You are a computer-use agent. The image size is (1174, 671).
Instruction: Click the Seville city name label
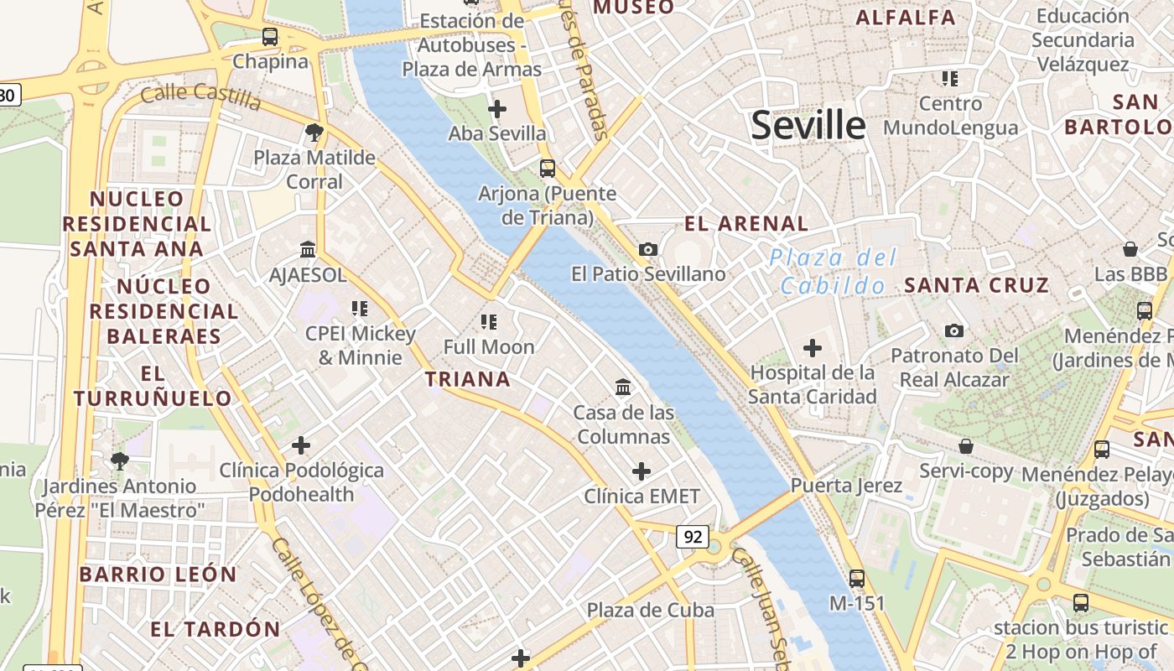(808, 125)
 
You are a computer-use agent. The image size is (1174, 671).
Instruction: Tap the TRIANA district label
(468, 379)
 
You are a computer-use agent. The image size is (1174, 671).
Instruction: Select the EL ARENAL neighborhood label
(746, 223)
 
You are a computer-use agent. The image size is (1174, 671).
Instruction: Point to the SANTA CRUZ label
(976, 285)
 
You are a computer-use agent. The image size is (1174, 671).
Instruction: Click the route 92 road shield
(693, 537)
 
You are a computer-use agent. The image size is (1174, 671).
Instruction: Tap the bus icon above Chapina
(269, 37)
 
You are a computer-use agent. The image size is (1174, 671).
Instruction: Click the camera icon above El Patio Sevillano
(647, 249)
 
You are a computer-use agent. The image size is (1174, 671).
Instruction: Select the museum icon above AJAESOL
(308, 250)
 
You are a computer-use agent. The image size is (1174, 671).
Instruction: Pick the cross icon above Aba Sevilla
(497, 109)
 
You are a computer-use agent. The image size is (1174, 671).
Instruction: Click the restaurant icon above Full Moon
(488, 321)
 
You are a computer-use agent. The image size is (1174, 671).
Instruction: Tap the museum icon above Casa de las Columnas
(623, 387)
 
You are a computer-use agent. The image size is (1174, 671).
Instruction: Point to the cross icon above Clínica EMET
(642, 471)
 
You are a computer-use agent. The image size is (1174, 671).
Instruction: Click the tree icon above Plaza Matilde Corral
(314, 132)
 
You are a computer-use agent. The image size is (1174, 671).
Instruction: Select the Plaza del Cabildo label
(834, 271)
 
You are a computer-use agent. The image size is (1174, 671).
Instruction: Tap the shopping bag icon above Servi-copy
(966, 446)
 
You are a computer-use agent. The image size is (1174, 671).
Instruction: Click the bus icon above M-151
(856, 578)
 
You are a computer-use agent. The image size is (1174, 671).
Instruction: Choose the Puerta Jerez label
(846, 485)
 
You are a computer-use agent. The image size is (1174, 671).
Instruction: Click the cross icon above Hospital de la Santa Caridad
(812, 347)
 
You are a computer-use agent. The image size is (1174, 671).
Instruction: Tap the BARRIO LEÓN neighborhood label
(158, 575)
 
